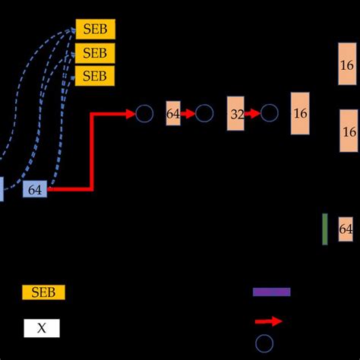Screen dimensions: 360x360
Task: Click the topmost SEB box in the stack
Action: [95, 30]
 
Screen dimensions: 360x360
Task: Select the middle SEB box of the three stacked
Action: [95, 53]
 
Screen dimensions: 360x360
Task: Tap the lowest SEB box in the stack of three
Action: [95, 76]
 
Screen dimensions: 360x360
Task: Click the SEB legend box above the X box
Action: [43, 292]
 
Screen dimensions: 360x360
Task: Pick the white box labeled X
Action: [42, 328]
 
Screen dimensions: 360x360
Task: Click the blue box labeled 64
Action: [35, 190]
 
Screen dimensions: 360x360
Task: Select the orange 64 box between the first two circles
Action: [173, 114]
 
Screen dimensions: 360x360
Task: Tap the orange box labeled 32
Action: [236, 114]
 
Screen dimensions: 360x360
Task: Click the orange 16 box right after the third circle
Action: [300, 113]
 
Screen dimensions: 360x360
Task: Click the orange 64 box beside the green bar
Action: [346, 229]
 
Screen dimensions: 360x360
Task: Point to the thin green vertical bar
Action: [325, 229]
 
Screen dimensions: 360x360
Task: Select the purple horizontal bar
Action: [271, 292]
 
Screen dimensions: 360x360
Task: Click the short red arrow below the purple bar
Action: [269, 321]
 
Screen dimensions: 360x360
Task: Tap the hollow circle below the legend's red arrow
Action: [264, 343]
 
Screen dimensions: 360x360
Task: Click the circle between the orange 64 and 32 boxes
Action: [204, 114]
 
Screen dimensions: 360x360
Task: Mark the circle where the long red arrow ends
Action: [144, 114]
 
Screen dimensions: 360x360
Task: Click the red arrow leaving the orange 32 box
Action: [253, 114]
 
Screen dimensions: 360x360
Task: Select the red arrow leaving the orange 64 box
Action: [188, 114]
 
